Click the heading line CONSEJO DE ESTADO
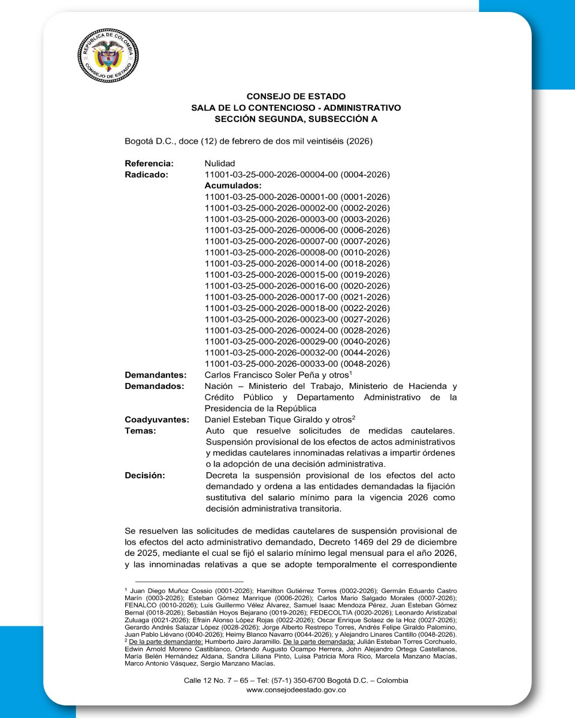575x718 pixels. click(296, 96)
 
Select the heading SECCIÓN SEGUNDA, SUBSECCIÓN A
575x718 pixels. click(296, 119)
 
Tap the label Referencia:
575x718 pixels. click(149, 163)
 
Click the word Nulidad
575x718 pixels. click(220, 163)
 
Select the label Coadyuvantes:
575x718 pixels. click(157, 419)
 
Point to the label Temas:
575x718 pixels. click(140, 431)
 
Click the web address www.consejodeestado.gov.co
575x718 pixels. click(296, 690)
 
